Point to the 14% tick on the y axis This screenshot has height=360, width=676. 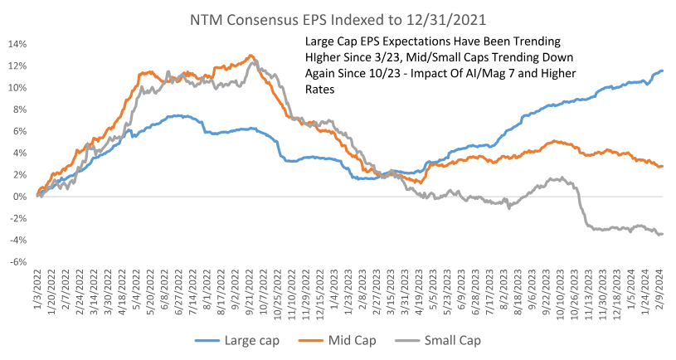click(x=17, y=44)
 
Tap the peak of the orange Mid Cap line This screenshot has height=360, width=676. click(x=250, y=56)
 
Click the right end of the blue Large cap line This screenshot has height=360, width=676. click(x=663, y=71)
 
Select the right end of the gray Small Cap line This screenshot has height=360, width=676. click(x=663, y=234)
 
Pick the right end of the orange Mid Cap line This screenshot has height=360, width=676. click(x=663, y=166)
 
